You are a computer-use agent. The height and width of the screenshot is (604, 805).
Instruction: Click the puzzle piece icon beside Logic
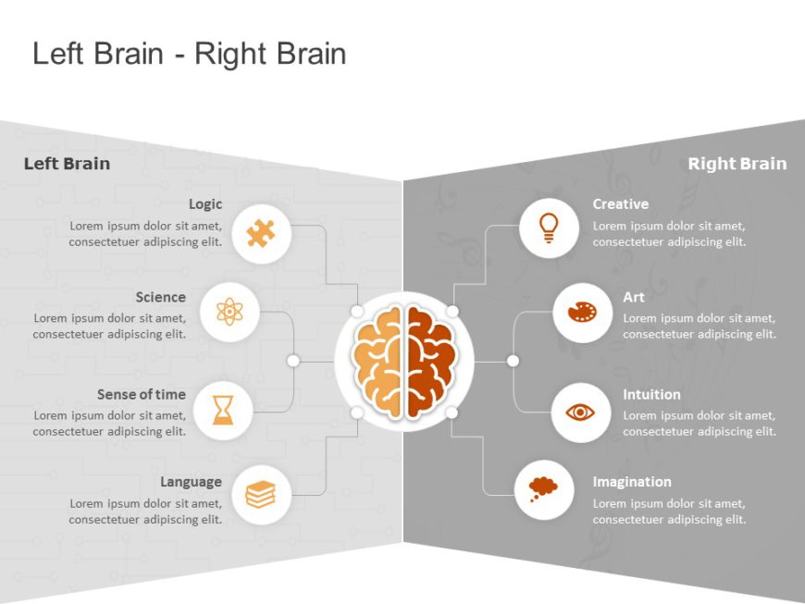261,233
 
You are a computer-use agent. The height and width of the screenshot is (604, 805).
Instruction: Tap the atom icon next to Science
229,312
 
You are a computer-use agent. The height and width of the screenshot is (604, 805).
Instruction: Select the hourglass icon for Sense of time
224,409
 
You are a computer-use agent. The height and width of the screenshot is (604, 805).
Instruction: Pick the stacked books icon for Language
261,495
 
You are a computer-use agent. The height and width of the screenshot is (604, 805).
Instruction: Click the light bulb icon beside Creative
549,228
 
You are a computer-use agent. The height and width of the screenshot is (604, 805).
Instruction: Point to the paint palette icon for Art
581,313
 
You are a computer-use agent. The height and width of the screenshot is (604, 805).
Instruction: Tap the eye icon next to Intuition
580,412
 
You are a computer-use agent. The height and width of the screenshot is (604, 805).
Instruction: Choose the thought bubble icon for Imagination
543,487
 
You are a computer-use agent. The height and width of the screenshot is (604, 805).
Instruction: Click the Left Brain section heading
67,164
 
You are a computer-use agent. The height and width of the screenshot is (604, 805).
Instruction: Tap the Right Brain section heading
737,164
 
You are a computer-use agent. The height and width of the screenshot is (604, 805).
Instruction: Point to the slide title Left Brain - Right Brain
190,54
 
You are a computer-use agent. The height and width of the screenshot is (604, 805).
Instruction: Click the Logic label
205,203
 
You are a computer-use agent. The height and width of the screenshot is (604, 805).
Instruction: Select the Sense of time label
142,394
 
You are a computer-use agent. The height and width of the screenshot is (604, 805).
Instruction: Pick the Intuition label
651,394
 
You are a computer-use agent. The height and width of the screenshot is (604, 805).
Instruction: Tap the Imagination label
632,481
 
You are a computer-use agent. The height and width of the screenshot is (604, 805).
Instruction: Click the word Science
160,297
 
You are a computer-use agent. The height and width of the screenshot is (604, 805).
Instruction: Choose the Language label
191,481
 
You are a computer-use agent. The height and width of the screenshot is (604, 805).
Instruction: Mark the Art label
634,297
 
